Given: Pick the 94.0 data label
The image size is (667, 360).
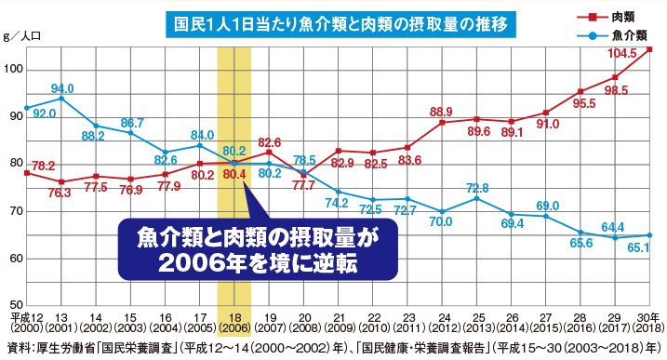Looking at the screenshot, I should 62,87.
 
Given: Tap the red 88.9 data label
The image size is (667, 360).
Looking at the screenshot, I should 442,112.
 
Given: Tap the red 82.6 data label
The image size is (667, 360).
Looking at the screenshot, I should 270,142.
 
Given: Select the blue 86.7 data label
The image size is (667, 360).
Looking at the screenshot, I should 132,123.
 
